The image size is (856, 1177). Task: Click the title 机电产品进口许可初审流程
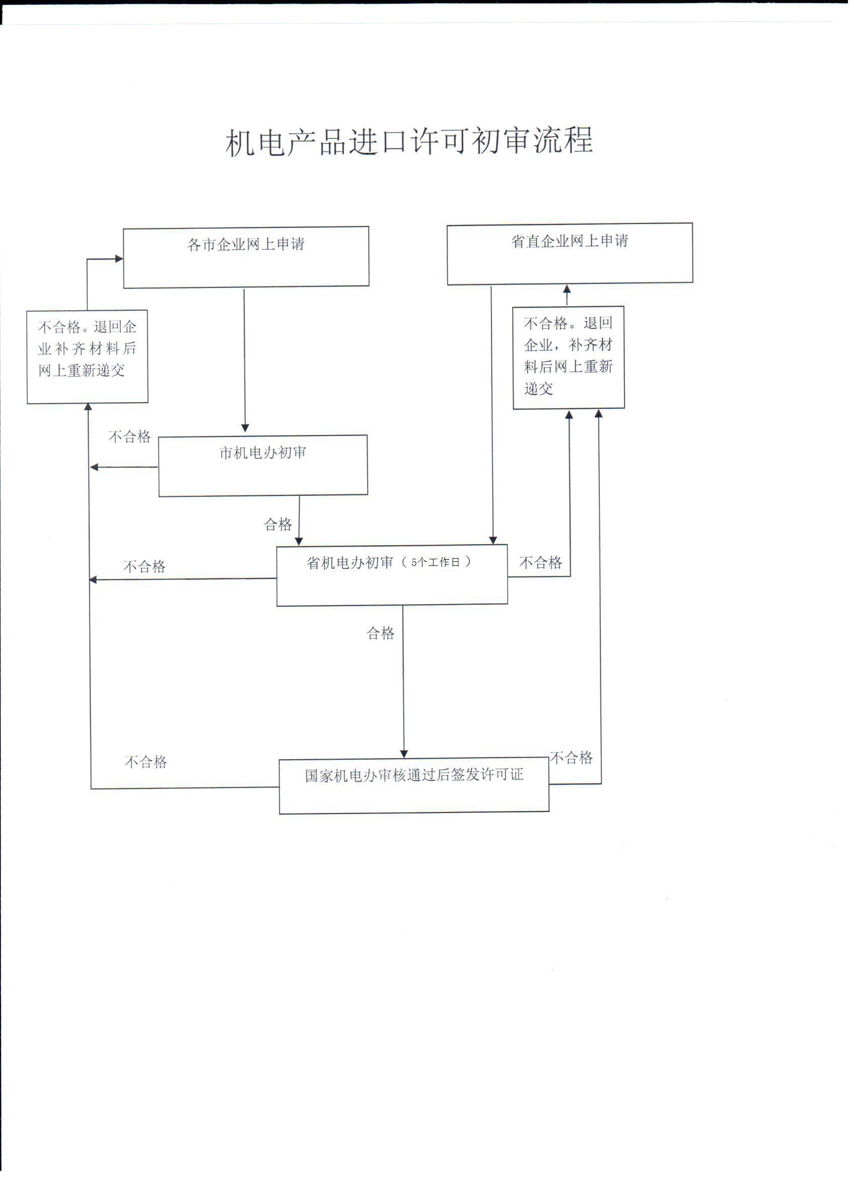(x=409, y=141)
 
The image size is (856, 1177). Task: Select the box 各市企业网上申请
(x=246, y=257)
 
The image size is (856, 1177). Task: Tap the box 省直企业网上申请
(x=569, y=254)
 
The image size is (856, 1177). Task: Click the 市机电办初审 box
(x=263, y=466)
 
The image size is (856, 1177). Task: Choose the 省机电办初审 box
(x=392, y=575)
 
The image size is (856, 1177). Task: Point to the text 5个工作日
(x=435, y=562)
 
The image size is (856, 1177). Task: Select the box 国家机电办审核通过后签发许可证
(x=414, y=786)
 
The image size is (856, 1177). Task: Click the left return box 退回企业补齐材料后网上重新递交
(x=87, y=356)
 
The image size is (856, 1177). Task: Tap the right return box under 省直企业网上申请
(x=568, y=357)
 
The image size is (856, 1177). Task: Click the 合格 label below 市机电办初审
(x=278, y=524)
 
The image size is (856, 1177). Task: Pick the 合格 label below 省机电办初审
(x=381, y=633)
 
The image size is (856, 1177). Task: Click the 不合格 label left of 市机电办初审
(x=130, y=436)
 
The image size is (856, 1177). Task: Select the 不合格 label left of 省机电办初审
(x=145, y=566)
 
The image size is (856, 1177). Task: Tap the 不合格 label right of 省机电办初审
(x=540, y=562)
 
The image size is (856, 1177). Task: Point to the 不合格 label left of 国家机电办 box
(x=146, y=762)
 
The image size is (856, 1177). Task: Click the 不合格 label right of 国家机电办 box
(x=571, y=758)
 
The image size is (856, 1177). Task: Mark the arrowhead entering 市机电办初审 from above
(x=245, y=428)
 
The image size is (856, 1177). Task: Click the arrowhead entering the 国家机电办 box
(x=404, y=754)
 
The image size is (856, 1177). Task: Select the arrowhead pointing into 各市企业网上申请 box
(x=119, y=258)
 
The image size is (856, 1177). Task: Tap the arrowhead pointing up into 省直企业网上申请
(x=567, y=288)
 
